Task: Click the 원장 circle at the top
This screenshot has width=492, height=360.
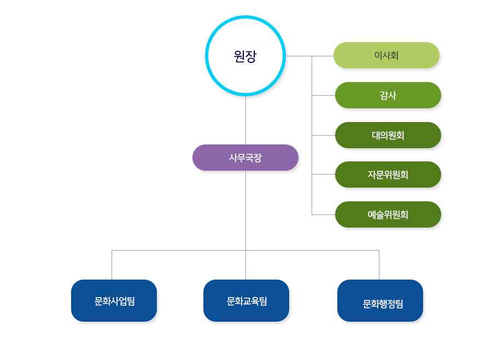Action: [245, 56]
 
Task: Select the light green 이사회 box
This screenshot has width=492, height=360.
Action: [386, 55]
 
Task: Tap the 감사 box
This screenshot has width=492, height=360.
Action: [388, 95]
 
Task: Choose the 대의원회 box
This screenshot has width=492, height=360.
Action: [388, 135]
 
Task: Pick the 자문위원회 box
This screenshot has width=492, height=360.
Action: [388, 175]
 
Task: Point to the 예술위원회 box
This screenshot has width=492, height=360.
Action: [388, 214]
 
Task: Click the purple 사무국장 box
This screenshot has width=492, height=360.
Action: [245, 158]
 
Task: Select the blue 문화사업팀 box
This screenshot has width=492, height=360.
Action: [114, 300]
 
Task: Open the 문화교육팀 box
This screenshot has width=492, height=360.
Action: [246, 300]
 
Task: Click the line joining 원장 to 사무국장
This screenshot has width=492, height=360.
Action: [245, 120]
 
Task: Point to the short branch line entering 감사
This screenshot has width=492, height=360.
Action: [323, 95]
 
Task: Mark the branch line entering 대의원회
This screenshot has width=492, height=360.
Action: [323, 135]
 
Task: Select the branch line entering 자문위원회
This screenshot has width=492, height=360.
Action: [323, 174]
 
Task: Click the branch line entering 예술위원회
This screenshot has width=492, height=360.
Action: [323, 214]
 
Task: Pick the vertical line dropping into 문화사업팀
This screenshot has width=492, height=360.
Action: [112, 265]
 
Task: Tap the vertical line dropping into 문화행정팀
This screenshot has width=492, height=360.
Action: [379, 265]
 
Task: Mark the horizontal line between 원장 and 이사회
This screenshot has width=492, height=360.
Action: [298, 56]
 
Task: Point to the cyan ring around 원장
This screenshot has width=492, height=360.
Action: [208, 56]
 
